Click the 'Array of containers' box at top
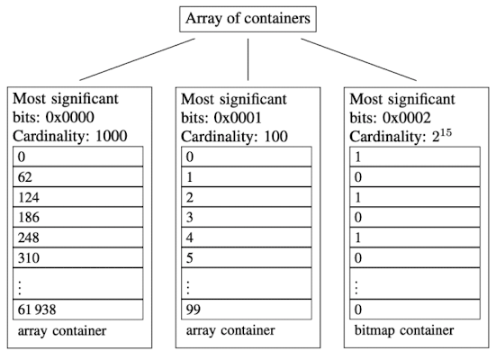tap(248, 19)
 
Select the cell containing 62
tap(77, 176)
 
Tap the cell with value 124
tap(77, 197)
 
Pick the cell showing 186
tap(77, 217)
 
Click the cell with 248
tap(77, 238)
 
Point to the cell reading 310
tap(77, 257)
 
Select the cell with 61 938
tap(77, 309)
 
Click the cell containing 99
tap(247, 309)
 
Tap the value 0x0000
tap(70, 117)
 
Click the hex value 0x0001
tap(238, 118)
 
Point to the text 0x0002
tap(407, 118)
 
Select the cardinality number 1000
tap(112, 136)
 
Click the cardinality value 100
tap(275, 137)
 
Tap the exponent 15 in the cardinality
tap(446, 133)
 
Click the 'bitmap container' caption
tap(404, 330)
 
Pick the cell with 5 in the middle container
tap(247, 257)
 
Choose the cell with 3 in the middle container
tap(247, 217)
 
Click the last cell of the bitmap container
tap(415, 309)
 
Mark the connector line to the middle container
tap(248, 59)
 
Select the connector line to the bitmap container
tap(358, 59)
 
